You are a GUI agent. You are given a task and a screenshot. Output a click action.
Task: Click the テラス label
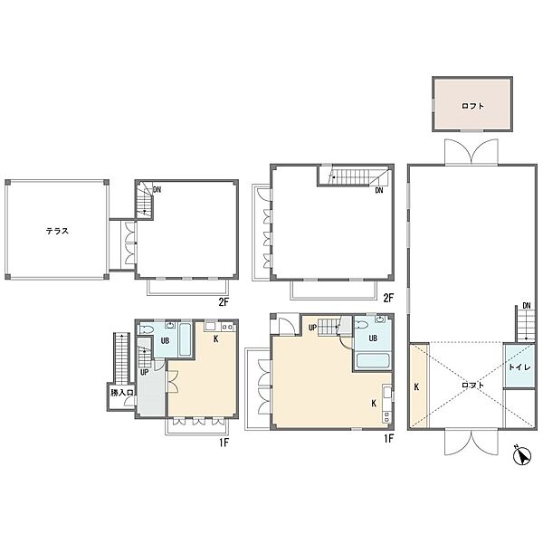(57, 231)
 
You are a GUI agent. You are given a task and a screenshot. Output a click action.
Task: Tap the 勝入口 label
(122, 393)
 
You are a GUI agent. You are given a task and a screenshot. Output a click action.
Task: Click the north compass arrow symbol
(522, 455)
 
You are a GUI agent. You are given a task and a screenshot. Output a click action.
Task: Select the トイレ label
(519, 367)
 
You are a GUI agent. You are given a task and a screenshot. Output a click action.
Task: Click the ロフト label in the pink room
(472, 106)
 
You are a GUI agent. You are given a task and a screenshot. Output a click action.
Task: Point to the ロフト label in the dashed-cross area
(472, 386)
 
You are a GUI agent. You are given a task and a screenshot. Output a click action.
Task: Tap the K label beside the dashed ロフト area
(416, 386)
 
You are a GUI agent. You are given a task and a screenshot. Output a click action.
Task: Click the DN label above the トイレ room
(527, 306)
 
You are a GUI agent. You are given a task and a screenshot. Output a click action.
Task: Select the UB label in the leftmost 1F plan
(166, 341)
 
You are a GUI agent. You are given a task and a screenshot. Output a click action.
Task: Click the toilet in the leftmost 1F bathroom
(147, 329)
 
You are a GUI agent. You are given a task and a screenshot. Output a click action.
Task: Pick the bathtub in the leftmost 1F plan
(186, 339)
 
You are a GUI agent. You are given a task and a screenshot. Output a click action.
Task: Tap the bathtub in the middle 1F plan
(373, 360)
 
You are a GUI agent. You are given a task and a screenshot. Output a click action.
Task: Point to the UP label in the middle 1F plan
(312, 328)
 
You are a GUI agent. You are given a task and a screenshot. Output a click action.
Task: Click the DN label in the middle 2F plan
(379, 190)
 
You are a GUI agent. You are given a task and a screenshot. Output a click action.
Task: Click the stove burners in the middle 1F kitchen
(386, 416)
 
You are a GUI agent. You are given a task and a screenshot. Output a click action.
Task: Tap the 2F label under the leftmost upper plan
(224, 302)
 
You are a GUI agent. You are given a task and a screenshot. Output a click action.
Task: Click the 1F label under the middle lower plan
(388, 439)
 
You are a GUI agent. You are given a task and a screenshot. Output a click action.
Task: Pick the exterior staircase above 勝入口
(121, 358)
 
